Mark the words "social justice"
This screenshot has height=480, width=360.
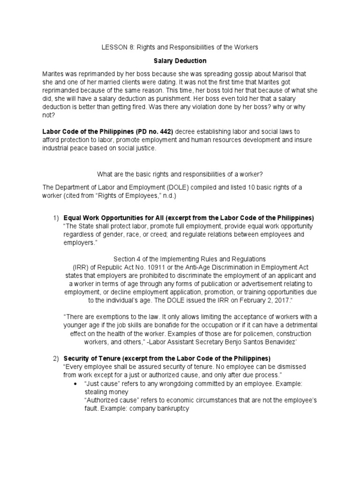(135, 149)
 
